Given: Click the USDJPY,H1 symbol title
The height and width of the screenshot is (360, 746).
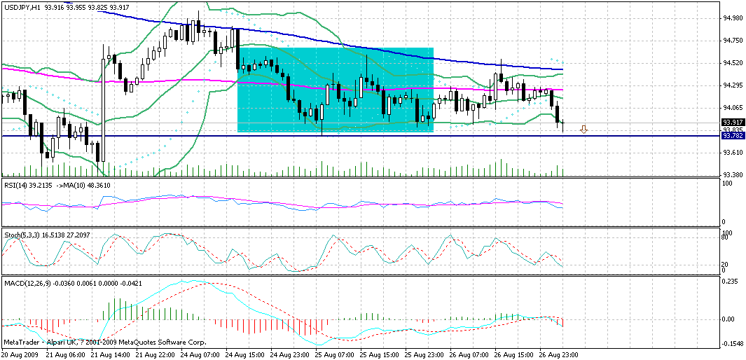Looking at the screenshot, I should coord(20,6).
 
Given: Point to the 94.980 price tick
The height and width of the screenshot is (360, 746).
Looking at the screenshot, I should coord(733,18).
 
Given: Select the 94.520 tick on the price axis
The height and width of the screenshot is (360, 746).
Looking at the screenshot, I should coord(733,63).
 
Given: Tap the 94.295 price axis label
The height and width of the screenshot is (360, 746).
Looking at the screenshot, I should coord(733,85).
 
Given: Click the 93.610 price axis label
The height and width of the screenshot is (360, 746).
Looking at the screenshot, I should coord(733,153).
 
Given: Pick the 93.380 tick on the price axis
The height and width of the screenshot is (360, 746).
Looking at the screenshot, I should coord(733,175).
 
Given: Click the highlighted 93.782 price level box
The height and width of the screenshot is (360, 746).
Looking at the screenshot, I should coord(733,136).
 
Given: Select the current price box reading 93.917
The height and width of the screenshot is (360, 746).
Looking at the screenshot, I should coord(733,122).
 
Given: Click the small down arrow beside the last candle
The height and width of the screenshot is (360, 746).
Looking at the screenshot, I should coord(583,129).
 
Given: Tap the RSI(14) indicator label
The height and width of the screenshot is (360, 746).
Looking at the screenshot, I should coord(15,185).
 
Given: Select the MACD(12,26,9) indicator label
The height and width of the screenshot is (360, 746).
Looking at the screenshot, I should coord(25,282).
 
